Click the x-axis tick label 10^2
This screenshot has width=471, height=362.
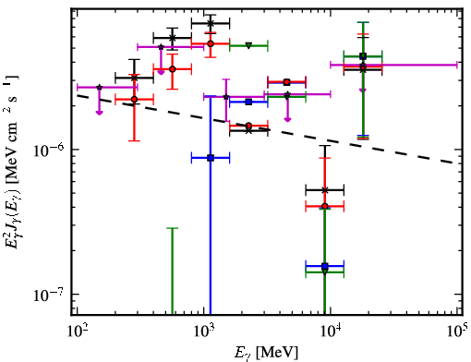click(x=78, y=331)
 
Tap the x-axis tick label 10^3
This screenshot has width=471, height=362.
click(x=204, y=331)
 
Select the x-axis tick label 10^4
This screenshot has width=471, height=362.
click(x=331, y=331)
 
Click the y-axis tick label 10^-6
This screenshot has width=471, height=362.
click(x=49, y=151)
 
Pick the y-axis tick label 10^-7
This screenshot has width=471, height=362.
click(x=49, y=296)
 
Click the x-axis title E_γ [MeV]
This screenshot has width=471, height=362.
click(x=266, y=353)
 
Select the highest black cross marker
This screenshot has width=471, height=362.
click(x=211, y=23)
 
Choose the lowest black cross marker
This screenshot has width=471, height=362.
click(x=325, y=190)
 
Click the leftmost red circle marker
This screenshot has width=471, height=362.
click(x=134, y=100)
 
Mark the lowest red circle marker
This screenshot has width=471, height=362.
click(x=325, y=206)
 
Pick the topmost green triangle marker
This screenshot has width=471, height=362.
click(x=248, y=46)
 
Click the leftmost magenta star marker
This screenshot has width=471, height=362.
click(x=100, y=88)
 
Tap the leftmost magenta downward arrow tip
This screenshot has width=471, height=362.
click(x=100, y=115)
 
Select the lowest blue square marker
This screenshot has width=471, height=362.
click(x=325, y=266)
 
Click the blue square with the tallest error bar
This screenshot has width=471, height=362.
click(x=211, y=158)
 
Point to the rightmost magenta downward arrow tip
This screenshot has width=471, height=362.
click(x=363, y=91)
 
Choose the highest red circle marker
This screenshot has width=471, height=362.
click(x=211, y=43)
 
